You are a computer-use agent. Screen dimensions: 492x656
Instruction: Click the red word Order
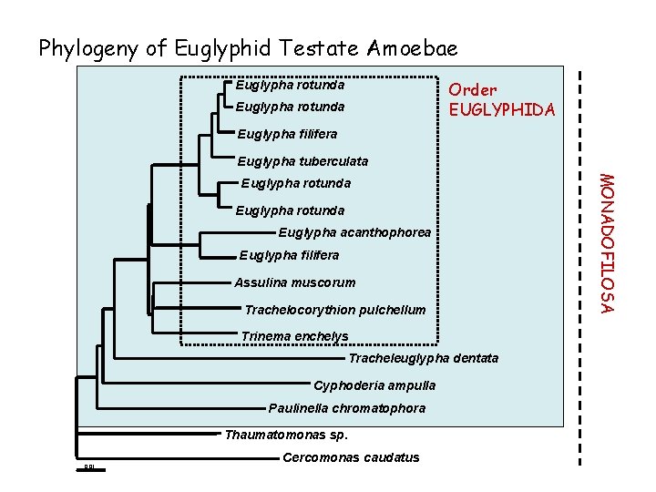[473, 89]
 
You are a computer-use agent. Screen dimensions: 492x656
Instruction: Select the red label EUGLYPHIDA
[502, 110]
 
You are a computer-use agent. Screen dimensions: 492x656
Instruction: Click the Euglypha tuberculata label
[302, 161]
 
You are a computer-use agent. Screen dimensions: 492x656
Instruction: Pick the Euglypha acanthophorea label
[354, 232]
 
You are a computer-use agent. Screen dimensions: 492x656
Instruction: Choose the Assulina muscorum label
[295, 282]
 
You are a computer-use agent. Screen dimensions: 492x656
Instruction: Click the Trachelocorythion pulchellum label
[334, 310]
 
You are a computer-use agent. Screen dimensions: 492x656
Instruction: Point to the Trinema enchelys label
[294, 336]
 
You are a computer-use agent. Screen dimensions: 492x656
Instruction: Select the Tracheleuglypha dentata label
[424, 358]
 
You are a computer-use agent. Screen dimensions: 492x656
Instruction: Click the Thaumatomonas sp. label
[285, 434]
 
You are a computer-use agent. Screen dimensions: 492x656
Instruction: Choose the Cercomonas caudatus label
[352, 457]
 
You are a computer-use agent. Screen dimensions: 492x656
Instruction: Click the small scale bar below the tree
[89, 470]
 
